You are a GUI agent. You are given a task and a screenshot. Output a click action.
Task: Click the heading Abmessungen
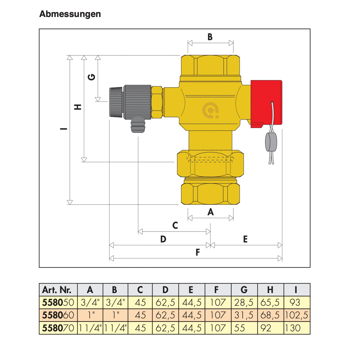click(x=70, y=14)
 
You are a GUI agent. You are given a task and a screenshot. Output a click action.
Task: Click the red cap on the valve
click(x=266, y=103)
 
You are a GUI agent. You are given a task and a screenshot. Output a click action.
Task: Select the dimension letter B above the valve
click(x=210, y=37)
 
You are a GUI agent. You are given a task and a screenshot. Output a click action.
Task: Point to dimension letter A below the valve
click(x=211, y=212)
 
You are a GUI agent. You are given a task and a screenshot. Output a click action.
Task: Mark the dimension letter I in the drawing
click(x=64, y=129)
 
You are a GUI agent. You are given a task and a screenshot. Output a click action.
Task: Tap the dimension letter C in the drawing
click(x=175, y=226)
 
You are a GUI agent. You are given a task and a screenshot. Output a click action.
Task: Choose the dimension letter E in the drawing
click(x=245, y=239)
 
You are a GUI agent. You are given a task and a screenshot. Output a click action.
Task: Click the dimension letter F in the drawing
click(x=197, y=253)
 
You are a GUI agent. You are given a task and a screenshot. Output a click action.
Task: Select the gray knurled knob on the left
click(x=116, y=102)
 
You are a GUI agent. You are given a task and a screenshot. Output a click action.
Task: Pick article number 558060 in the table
click(x=59, y=315)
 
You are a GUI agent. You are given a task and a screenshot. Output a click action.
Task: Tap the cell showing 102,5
click(x=297, y=315)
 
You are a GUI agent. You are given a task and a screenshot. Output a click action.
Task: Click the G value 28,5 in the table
click(x=244, y=302)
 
